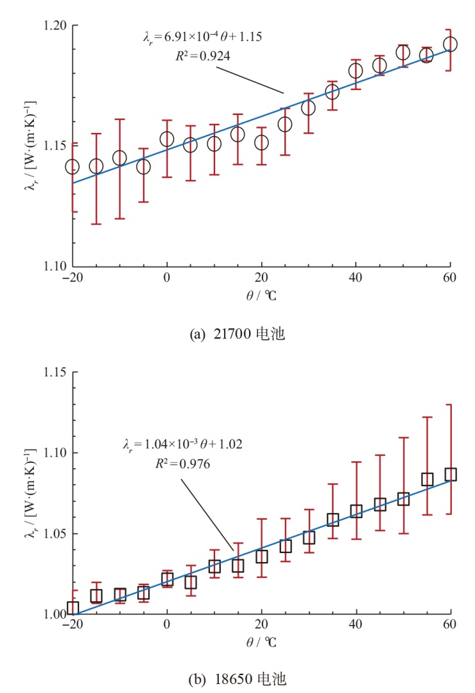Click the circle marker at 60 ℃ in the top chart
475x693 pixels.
click(x=450, y=44)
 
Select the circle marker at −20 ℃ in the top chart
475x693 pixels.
click(x=73, y=167)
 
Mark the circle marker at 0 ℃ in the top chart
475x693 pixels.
click(x=167, y=139)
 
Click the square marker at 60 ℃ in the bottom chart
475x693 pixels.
click(x=450, y=475)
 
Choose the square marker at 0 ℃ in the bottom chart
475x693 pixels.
click(x=167, y=579)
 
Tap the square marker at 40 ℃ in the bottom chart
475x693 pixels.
click(x=356, y=511)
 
